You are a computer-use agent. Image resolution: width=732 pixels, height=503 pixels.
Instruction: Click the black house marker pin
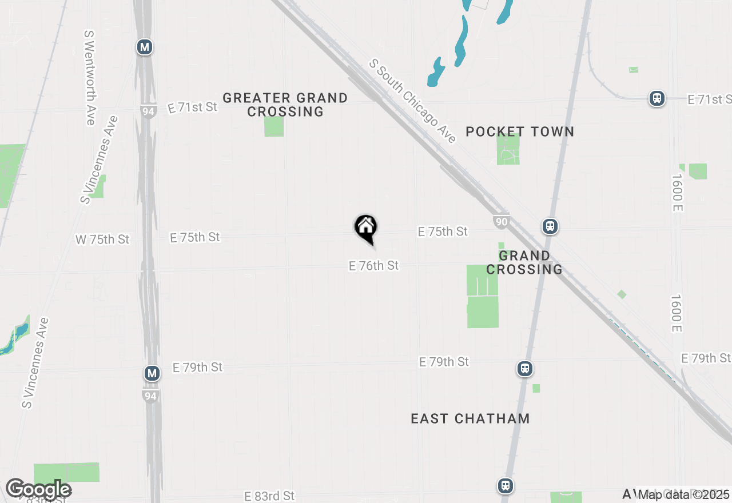click(x=366, y=228)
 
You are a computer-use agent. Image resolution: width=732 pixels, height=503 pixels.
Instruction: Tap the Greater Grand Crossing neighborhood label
click(x=285, y=105)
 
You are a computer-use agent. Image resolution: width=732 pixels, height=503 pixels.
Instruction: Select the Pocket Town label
click(x=519, y=132)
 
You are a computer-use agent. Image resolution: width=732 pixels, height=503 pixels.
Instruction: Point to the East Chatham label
click(x=470, y=419)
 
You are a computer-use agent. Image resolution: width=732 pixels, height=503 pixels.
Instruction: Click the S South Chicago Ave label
click(x=413, y=101)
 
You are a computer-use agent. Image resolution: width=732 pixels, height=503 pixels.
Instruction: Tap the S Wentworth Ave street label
click(x=90, y=78)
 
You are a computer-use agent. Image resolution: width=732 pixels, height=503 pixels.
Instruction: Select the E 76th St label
click(x=373, y=266)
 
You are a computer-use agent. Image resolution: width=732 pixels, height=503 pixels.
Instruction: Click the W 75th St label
click(x=103, y=239)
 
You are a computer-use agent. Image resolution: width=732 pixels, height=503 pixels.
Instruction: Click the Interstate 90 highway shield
click(x=501, y=222)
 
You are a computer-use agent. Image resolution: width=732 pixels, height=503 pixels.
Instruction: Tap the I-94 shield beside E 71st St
click(x=148, y=111)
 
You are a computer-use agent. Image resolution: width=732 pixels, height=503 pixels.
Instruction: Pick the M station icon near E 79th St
click(x=152, y=374)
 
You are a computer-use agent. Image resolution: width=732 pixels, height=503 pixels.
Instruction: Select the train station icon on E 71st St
click(x=657, y=98)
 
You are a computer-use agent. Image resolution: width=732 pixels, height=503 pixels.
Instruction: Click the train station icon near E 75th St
click(x=550, y=226)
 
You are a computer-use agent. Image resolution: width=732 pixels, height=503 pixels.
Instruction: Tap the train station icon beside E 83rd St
click(x=505, y=486)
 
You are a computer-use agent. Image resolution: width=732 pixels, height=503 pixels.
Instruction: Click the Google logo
click(x=38, y=490)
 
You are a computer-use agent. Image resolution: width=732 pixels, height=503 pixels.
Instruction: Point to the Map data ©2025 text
click(x=683, y=494)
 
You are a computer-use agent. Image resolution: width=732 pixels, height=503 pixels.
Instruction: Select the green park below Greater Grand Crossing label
click(x=274, y=126)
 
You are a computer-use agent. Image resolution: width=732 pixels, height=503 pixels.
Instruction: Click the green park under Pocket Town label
click(x=508, y=149)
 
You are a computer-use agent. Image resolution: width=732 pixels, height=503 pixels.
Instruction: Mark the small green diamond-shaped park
click(x=622, y=294)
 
